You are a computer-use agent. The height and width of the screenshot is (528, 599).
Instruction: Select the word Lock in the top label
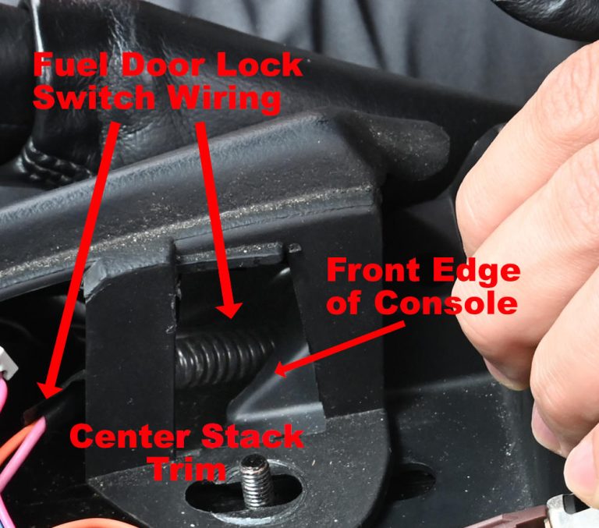(x=254, y=66)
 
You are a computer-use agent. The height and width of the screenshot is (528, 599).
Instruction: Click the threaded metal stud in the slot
(x=257, y=479)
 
